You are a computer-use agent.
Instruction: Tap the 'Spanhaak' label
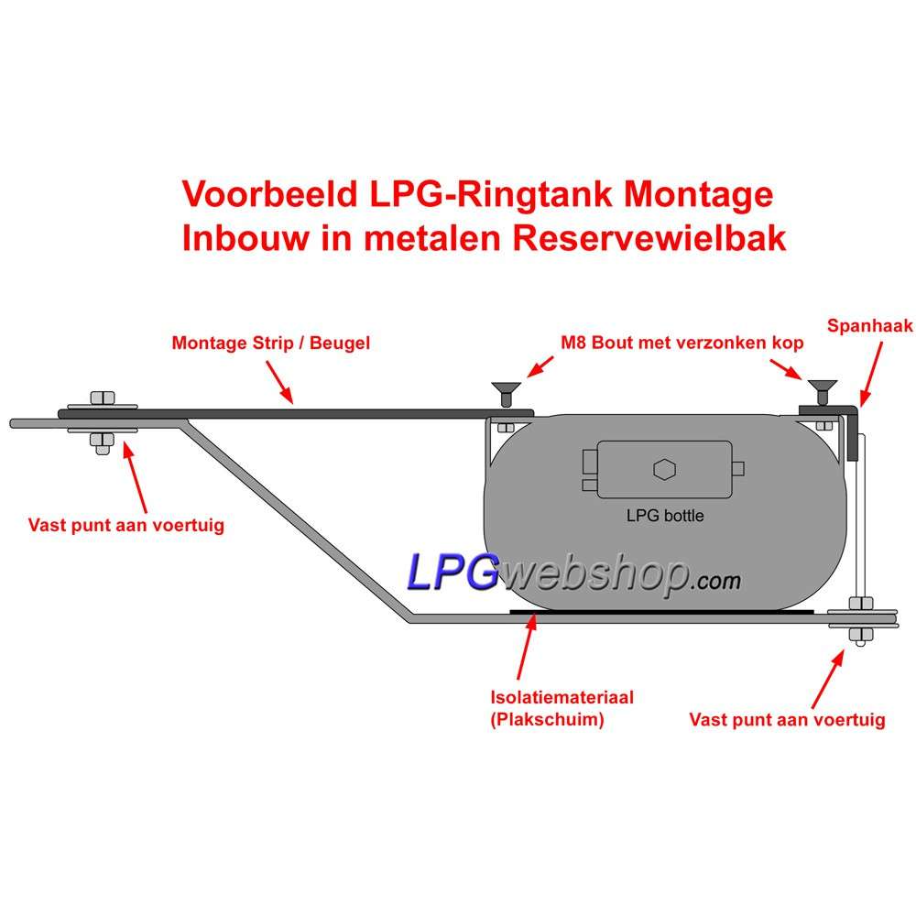[869, 326]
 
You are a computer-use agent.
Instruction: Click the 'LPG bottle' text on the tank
[665, 516]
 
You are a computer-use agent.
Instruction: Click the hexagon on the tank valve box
[665, 470]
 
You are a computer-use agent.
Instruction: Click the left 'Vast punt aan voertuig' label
[126, 526]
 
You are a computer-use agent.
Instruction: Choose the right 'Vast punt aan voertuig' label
[787, 719]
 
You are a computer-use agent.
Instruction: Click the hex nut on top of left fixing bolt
[101, 398]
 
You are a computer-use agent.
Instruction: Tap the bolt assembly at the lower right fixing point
[859, 620]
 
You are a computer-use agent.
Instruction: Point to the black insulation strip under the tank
[660, 612]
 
